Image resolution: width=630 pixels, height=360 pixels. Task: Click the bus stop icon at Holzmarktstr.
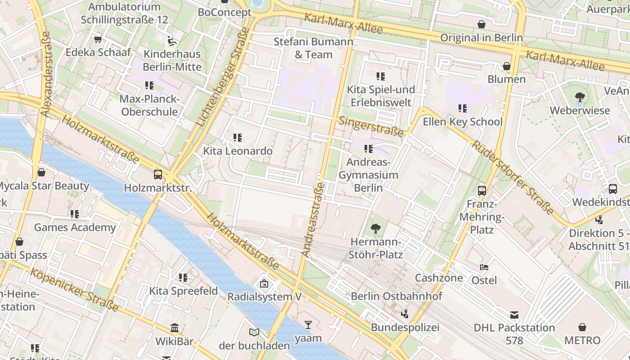158,175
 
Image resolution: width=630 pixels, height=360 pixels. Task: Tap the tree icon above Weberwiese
580,97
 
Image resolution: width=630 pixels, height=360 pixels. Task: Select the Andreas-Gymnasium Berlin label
368,175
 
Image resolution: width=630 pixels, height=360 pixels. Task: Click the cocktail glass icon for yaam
308,324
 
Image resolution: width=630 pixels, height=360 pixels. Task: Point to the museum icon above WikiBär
175,328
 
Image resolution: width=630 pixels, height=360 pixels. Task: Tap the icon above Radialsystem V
264,283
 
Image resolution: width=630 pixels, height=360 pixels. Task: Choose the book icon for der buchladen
254,332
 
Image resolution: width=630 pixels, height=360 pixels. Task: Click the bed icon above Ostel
484,267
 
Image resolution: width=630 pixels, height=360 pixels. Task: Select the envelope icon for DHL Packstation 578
514,315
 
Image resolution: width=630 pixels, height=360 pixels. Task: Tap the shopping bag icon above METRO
582,327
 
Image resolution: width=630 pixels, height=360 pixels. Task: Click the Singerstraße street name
371,126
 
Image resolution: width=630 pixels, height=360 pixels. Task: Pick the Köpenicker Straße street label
74,290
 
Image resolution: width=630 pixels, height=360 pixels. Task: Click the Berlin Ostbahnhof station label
396,296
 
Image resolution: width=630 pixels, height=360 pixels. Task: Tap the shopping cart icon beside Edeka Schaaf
98,39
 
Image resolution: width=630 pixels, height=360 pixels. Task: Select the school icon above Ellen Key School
462,108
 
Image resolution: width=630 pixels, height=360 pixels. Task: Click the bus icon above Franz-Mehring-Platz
482,190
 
